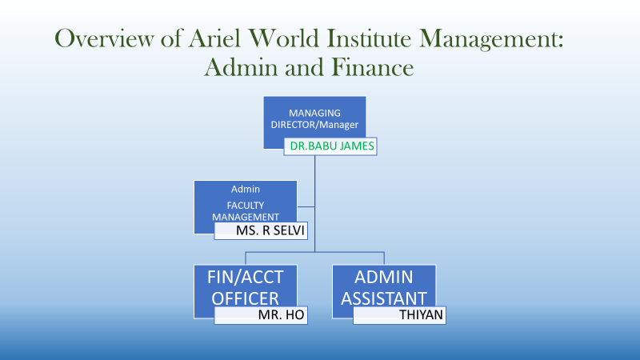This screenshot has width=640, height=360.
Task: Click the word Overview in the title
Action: click(105, 38)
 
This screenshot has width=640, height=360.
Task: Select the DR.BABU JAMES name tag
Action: click(330, 146)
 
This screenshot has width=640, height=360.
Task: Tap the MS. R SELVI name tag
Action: click(261, 230)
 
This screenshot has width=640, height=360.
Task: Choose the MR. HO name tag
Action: click(261, 315)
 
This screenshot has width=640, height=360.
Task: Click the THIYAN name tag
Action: click(399, 315)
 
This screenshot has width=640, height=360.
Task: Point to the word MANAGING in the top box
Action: click(314, 113)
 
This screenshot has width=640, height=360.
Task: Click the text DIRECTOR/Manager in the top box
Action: click(314, 125)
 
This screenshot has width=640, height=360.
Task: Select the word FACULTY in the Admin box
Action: click(246, 206)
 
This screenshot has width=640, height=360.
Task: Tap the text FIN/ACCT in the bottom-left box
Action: click(246, 277)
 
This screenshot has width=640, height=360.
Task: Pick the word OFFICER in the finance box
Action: click(246, 298)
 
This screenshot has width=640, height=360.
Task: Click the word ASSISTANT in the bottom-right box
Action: click(384, 298)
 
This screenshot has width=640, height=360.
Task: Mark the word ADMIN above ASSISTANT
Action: click(384, 277)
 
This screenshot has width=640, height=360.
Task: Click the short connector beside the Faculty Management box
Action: click(306, 207)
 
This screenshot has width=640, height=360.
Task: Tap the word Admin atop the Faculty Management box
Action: click(246, 189)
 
